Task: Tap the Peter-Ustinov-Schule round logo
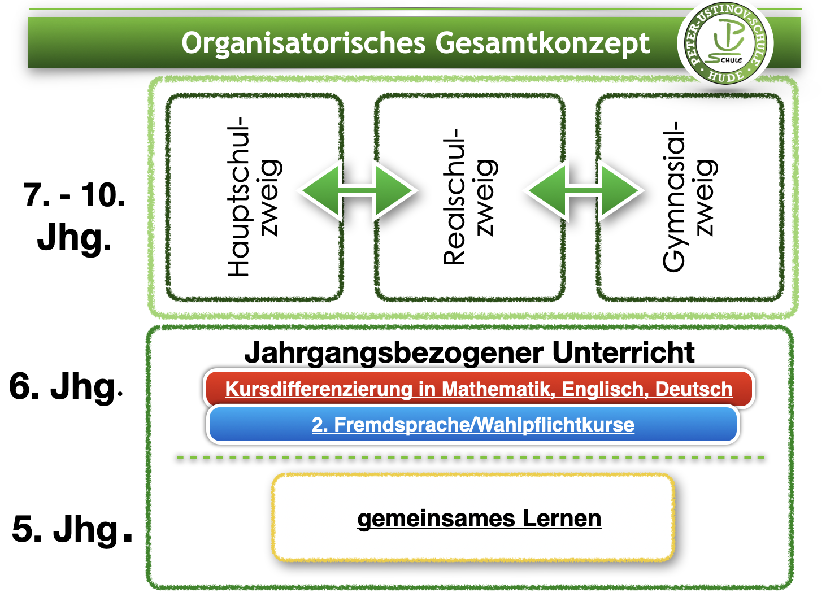coord(725,43)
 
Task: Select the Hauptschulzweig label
coord(254,197)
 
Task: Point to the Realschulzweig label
coord(469,197)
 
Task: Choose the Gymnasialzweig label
coord(689,197)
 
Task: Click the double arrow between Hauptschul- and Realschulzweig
coord(359,191)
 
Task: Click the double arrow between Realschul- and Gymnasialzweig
coord(584,191)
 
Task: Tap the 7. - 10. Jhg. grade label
coord(74,216)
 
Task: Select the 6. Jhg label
coord(65,387)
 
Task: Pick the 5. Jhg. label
coord(71,529)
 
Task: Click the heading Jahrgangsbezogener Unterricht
coord(469,352)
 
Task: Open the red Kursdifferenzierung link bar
coord(479,389)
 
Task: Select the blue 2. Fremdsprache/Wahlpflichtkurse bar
coord(473,425)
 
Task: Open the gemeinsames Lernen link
coord(479,518)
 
